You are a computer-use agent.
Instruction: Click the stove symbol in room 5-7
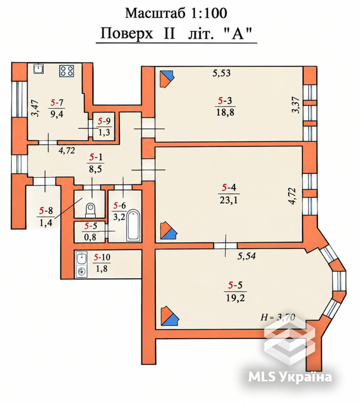coord(67,71)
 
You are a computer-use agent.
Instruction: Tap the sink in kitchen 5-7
coord(39,69)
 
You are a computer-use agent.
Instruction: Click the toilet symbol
coord(90,210)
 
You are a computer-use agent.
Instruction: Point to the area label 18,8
coord(225,112)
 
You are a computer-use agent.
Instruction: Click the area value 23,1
coord(228,200)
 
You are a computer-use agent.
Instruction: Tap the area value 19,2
coord(235,298)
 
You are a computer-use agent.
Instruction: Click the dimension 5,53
coord(222,73)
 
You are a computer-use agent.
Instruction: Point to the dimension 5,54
coord(247,256)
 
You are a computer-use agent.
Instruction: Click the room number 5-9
coord(104,121)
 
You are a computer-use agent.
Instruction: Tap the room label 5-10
coord(102,257)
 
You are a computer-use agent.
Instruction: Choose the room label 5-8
coord(46,211)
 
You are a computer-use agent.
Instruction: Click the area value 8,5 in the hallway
coord(96,169)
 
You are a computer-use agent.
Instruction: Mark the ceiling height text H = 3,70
coord(278,317)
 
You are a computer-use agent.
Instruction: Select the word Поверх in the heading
coord(127,33)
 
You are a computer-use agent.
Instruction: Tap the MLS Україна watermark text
coord(290,377)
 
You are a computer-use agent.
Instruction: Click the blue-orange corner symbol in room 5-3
coord(167,79)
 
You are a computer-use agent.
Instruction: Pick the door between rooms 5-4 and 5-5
coord(226,246)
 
